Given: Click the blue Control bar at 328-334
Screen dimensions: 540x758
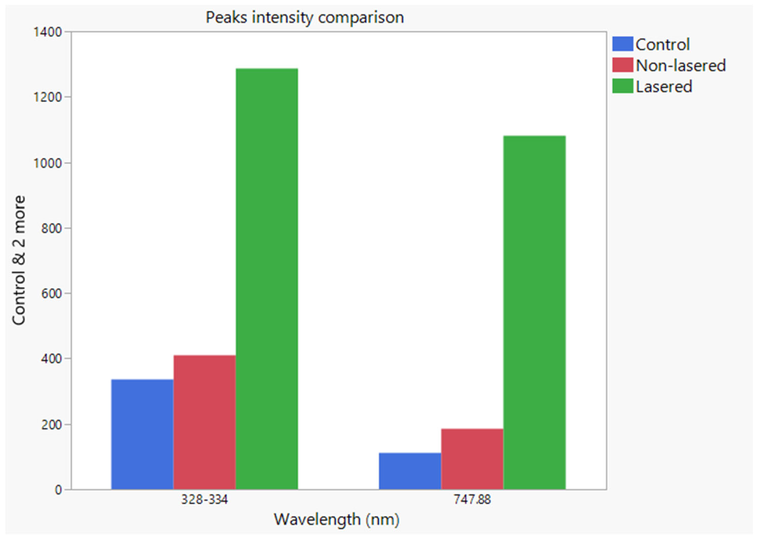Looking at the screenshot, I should (142, 434).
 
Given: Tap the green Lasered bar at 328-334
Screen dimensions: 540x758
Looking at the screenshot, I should (267, 279).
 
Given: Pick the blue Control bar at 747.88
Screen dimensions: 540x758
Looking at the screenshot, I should (410, 471).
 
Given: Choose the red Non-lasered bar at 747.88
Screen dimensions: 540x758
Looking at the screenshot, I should (472, 459).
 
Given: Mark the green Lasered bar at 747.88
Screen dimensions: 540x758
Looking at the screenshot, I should (534, 312).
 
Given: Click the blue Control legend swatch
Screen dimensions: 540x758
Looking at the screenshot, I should (622, 44).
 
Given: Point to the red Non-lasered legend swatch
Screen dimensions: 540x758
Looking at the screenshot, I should (622, 65).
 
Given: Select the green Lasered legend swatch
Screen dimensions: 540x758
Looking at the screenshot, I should (622, 86).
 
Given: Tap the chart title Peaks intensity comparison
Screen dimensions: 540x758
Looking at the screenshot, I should (305, 17).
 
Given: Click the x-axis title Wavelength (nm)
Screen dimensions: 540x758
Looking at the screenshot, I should (337, 519).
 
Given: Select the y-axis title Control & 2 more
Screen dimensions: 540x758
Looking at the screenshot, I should (19, 260).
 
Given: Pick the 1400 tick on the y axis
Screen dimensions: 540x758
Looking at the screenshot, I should (47, 32).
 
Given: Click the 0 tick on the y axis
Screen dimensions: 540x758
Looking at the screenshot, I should (58, 490).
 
